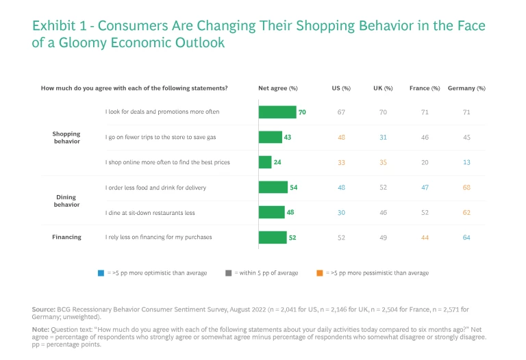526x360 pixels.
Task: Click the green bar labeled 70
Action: click(277, 112)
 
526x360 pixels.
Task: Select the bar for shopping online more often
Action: click(265, 162)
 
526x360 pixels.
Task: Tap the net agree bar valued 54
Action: click(273, 188)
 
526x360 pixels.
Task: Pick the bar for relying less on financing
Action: click(272, 237)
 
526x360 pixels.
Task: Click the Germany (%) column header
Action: click(466, 88)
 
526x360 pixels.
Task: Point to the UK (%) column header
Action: click(383, 88)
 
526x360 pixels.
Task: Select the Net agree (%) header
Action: click(277, 88)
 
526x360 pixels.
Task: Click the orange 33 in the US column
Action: click(341, 162)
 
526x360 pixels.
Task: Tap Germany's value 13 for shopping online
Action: click(466, 162)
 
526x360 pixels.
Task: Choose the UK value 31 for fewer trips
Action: click(383, 138)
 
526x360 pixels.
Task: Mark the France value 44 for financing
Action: click(425, 237)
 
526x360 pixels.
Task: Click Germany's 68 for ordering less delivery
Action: click(466, 188)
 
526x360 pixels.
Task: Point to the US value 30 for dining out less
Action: click(341, 212)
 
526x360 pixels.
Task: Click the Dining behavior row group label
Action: click(66, 200)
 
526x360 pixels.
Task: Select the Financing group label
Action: click(66, 237)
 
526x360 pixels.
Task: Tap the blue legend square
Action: click(101, 273)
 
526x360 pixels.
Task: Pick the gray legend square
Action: click(227, 273)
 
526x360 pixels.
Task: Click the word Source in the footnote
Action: click(43, 310)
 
